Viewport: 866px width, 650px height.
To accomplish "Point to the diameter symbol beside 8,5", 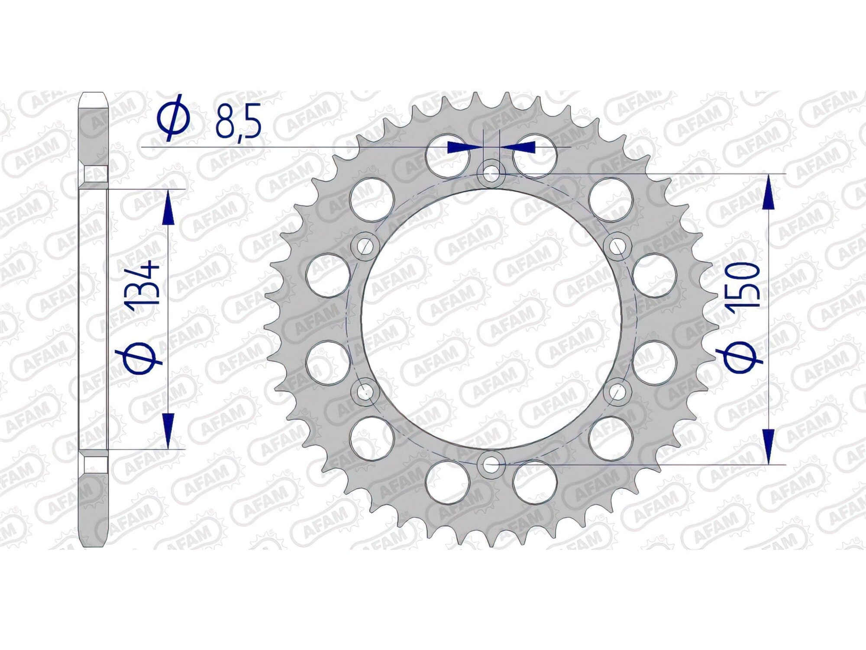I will click(x=173, y=120).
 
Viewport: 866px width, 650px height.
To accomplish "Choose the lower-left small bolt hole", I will click(x=366, y=392).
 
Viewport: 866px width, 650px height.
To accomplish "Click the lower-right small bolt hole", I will click(x=616, y=392).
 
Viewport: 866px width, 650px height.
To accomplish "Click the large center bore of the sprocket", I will click(x=491, y=320).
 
